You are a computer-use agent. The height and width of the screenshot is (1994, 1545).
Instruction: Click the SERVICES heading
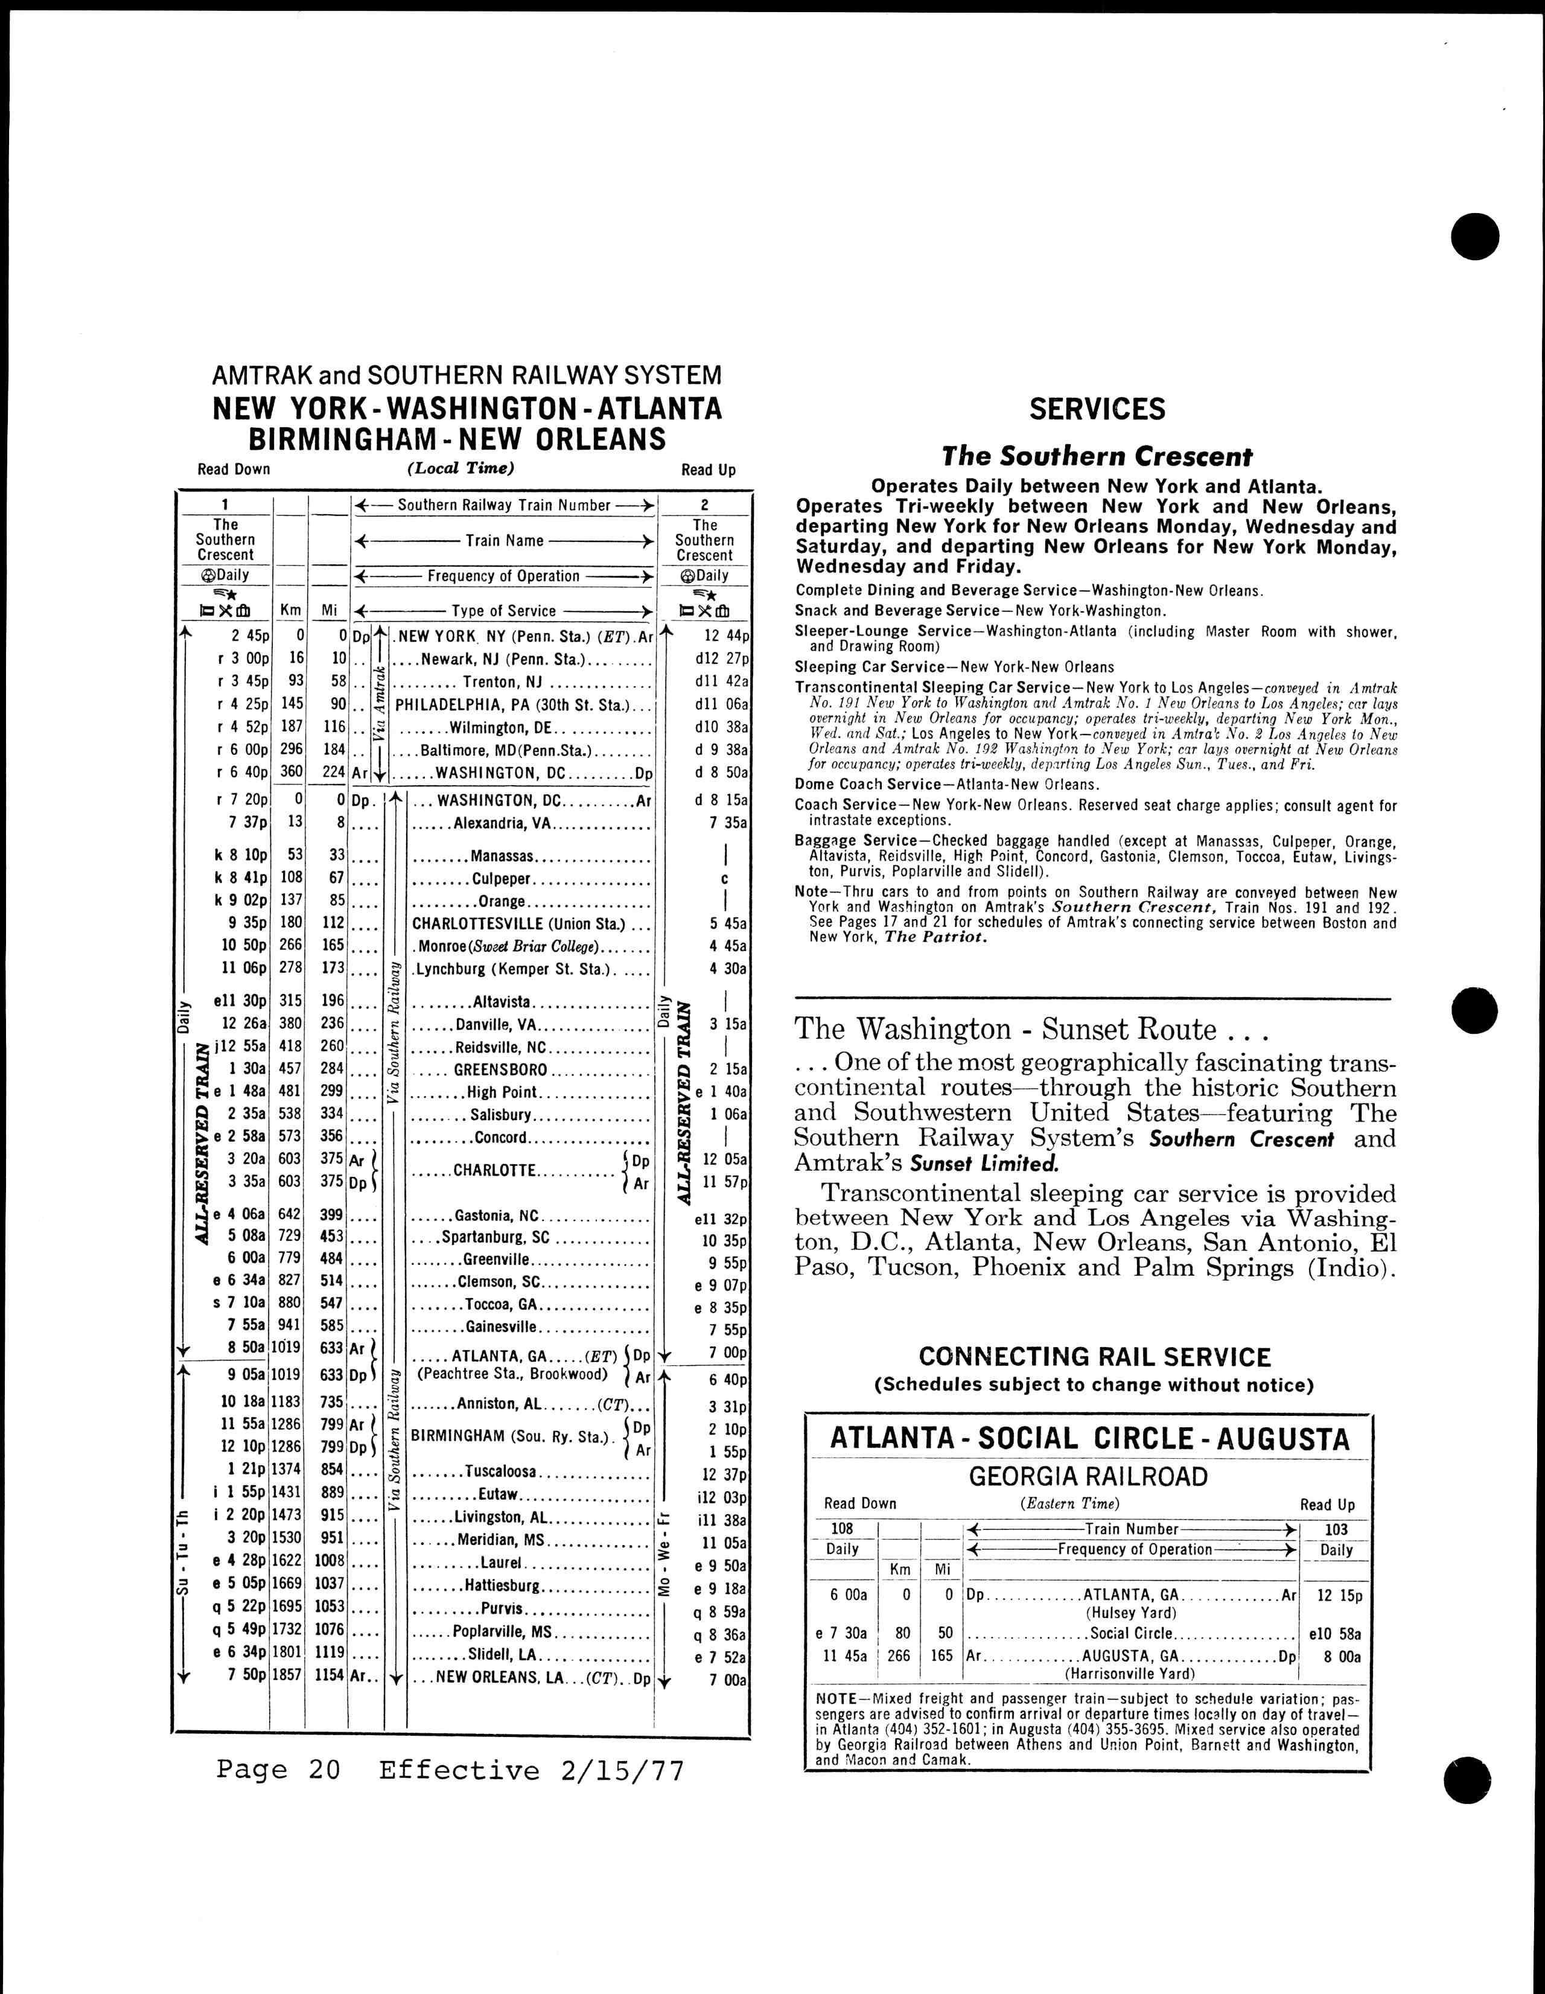[x=1097, y=409]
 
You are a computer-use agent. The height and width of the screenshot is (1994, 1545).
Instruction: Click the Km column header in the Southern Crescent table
[x=290, y=610]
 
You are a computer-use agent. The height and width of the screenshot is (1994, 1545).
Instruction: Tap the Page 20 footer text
[x=278, y=1770]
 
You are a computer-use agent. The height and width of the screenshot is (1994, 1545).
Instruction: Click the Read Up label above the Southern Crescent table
[x=708, y=470]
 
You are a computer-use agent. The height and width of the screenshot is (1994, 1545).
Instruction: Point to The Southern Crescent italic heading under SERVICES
[x=1097, y=456]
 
